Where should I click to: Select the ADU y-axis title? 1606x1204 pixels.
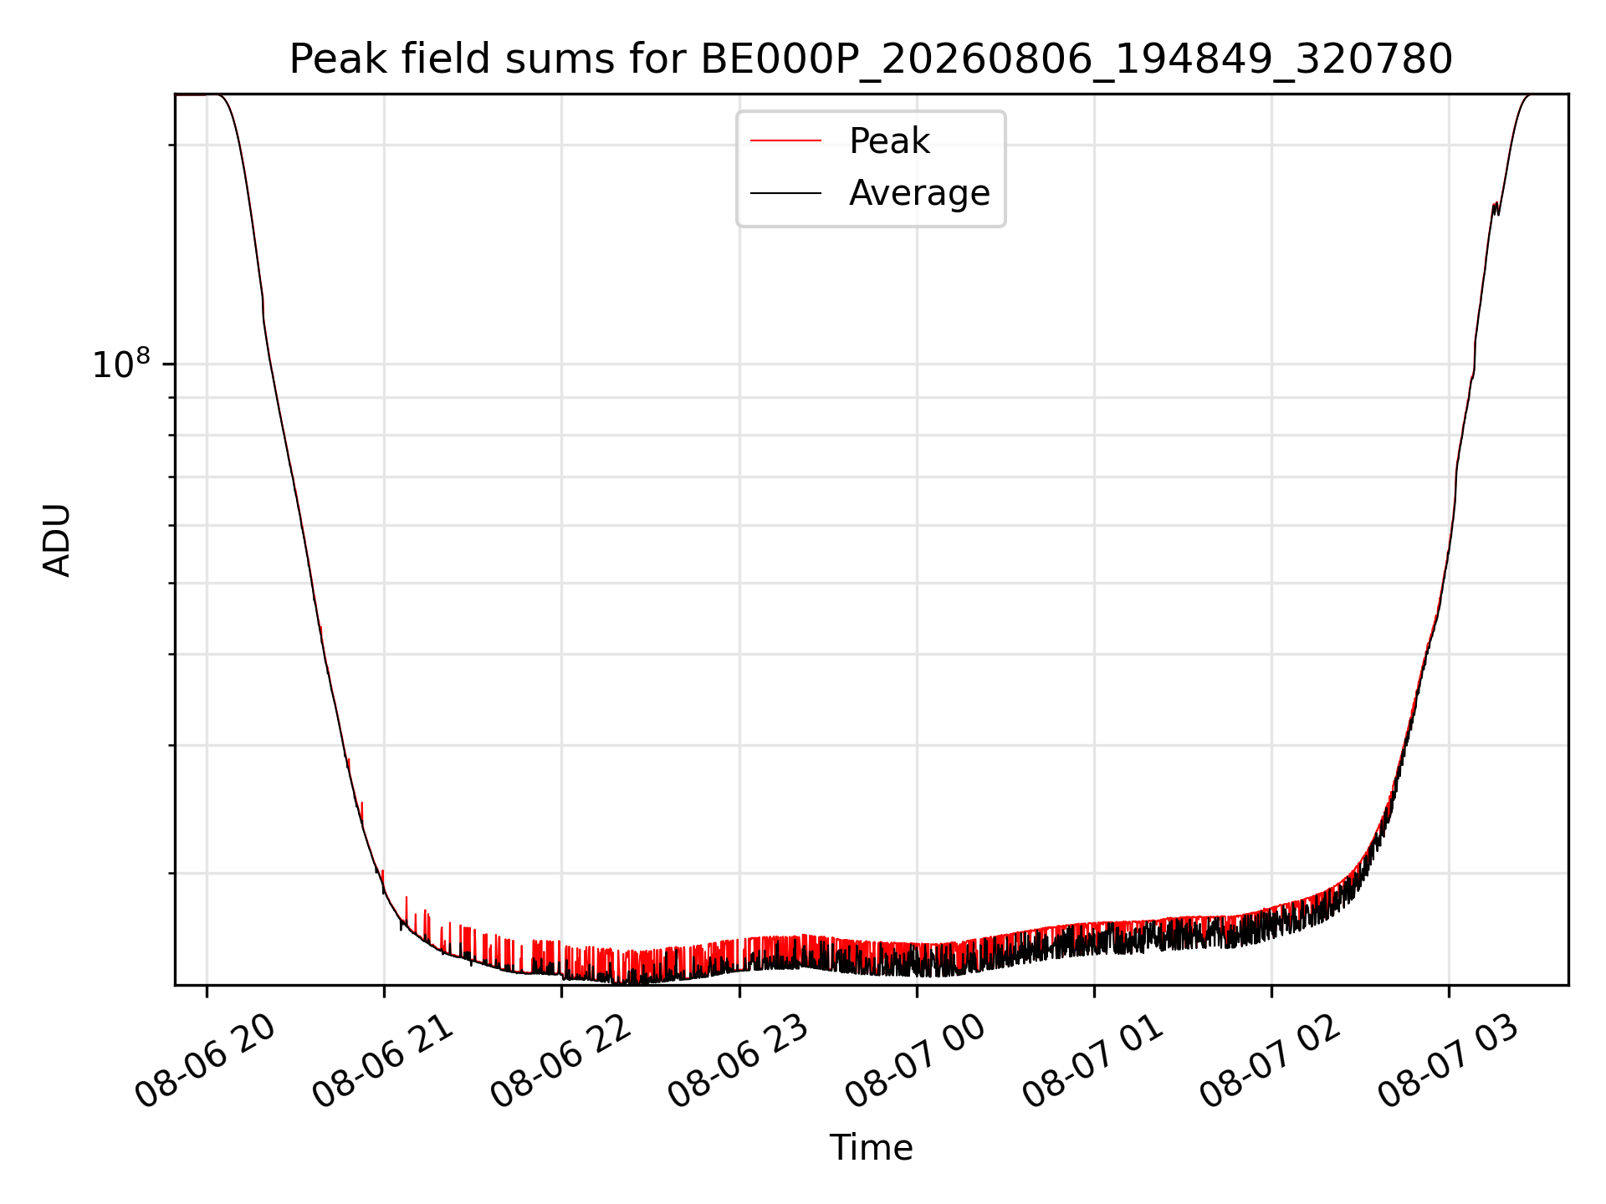pos(57,540)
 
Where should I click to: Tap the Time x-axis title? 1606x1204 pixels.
pos(871,1147)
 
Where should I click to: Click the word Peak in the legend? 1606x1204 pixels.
pos(889,140)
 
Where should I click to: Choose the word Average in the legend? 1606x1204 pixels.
pos(919,193)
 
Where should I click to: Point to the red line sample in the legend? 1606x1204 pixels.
pos(785,141)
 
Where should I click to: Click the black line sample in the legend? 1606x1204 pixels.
pos(785,193)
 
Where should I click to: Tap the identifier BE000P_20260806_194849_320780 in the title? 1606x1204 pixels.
pos(1077,60)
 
